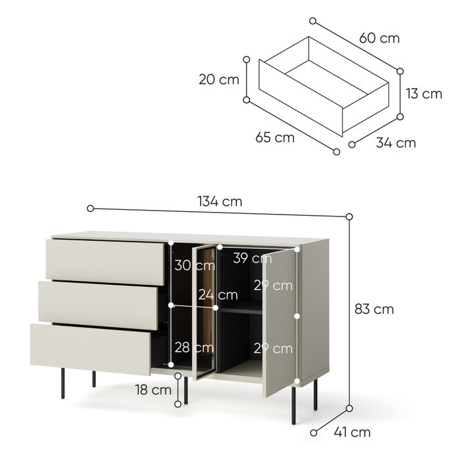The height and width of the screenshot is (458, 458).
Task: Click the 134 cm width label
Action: pyautogui.click(x=220, y=201)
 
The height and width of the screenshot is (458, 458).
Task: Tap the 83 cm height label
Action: pyautogui.click(x=374, y=309)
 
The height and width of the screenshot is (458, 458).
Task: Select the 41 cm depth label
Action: pyautogui.click(x=352, y=432)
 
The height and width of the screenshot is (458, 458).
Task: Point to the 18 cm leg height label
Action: pyautogui.click(x=153, y=390)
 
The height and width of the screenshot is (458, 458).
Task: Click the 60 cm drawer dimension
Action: pyautogui.click(x=379, y=38)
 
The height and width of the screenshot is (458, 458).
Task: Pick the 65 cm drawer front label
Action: pyautogui.click(x=275, y=138)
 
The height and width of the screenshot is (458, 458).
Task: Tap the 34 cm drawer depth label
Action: pyautogui.click(x=395, y=143)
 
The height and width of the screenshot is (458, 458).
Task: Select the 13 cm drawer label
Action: pyautogui.click(x=424, y=93)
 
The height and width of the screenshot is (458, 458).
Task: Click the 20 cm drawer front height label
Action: pyautogui.click(x=218, y=80)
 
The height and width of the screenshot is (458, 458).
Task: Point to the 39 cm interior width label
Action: pyautogui.click(x=253, y=258)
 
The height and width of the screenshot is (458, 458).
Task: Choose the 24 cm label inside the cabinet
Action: pyautogui.click(x=218, y=295)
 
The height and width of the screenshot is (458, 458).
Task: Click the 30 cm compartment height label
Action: pyautogui.click(x=195, y=265)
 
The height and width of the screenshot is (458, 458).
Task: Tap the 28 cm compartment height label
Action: pyautogui.click(x=194, y=347)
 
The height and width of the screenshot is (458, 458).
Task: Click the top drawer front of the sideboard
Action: pyautogui.click(x=105, y=262)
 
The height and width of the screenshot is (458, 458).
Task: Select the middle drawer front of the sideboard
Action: pyautogui.click(x=98, y=305)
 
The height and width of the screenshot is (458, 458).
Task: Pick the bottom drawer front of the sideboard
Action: pyautogui.click(x=91, y=349)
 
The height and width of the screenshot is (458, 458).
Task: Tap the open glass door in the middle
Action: pyautogui.click(x=205, y=311)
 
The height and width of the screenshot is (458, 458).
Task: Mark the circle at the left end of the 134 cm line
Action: pyautogui.click(x=91, y=209)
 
